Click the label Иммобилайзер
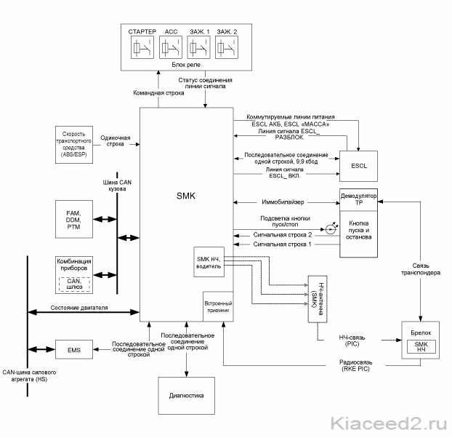pyautogui.click(x=283, y=202)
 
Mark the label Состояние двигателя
pyautogui.click(x=79, y=308)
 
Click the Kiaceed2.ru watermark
pyautogui.click(x=389, y=423)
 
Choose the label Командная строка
pyautogui.click(x=158, y=93)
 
